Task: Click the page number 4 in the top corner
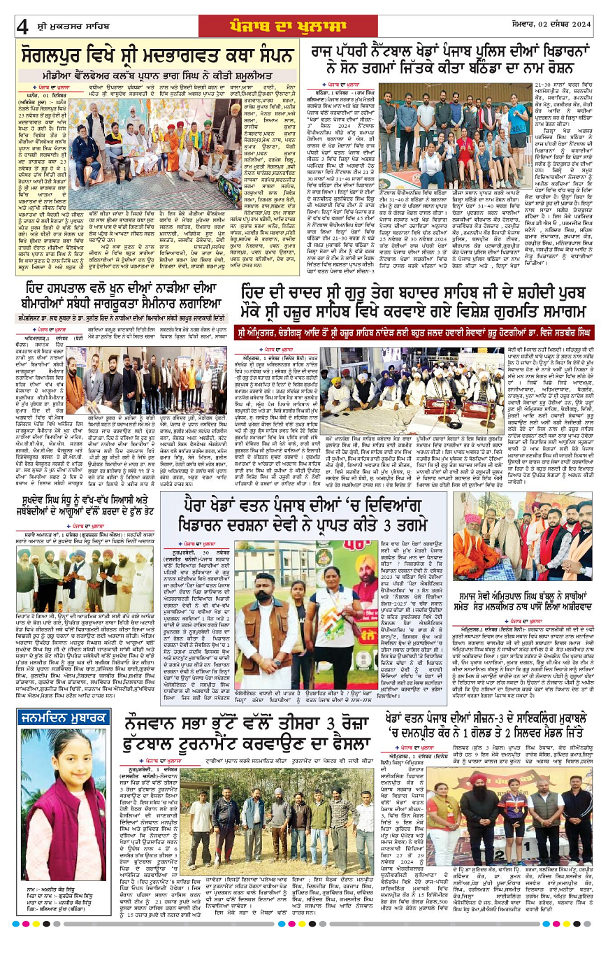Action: (22, 27)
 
